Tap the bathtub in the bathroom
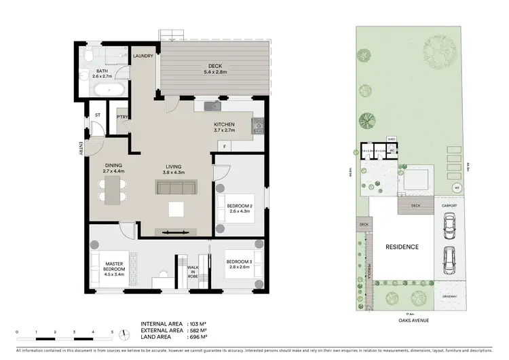click(105, 90)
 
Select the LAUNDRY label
click(143, 56)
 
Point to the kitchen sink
click(213, 106)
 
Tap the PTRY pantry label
click(123, 117)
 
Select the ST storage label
click(97, 115)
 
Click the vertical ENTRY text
click(81, 149)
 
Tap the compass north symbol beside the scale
click(126, 334)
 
